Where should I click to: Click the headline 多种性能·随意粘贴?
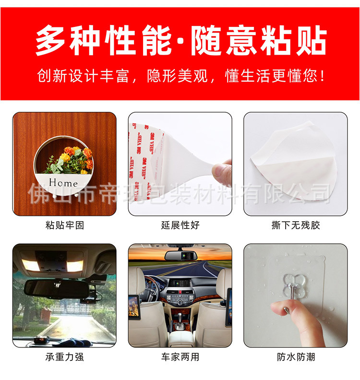(x=180, y=40)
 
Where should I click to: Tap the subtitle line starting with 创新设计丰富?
(x=180, y=76)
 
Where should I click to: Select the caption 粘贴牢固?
(x=64, y=225)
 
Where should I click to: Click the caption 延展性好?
(x=180, y=225)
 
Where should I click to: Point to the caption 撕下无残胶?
(x=295, y=225)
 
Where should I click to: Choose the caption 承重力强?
(x=64, y=357)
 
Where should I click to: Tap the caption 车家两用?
(x=180, y=357)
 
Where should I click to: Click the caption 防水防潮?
(x=296, y=357)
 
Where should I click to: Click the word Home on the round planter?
(x=63, y=183)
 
